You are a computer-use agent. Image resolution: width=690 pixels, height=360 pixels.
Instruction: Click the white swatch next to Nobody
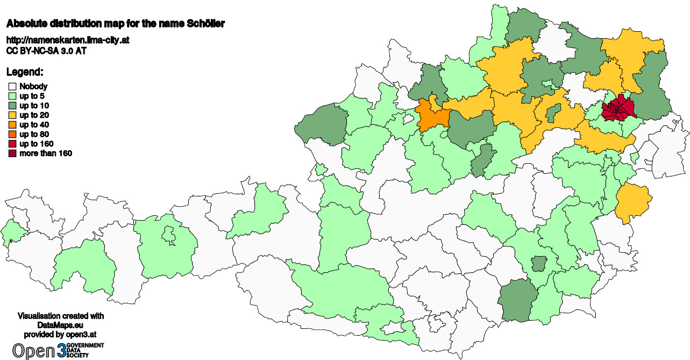click(x=12, y=86)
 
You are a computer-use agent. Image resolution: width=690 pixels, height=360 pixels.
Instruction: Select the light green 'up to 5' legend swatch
click(x=12, y=96)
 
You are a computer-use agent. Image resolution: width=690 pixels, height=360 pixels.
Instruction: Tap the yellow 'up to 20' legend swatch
click(x=12, y=115)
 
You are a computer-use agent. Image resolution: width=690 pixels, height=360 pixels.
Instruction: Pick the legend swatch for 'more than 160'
click(x=12, y=154)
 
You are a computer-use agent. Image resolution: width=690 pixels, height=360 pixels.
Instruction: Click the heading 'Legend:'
click(x=25, y=72)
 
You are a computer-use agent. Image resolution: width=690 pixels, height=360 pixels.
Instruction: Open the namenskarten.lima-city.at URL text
click(x=67, y=40)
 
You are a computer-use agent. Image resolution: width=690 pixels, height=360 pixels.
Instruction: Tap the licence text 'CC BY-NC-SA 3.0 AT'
click(x=46, y=51)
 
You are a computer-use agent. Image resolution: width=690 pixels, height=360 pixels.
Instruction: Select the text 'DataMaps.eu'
click(x=61, y=326)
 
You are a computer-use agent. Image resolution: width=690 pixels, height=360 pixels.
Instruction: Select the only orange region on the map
click(x=433, y=116)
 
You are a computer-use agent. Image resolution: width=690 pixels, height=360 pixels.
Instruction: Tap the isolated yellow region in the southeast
click(x=632, y=201)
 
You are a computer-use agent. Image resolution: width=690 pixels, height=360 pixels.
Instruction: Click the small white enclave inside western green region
click(x=168, y=234)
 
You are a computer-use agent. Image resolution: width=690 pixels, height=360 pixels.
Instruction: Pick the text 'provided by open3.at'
click(x=61, y=335)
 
